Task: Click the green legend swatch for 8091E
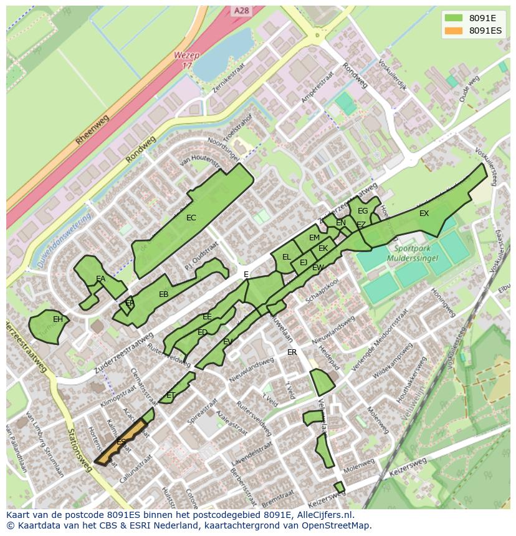click(x=453, y=17)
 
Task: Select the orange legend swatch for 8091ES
click(x=453, y=30)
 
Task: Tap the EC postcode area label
click(x=191, y=218)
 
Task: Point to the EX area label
click(x=424, y=214)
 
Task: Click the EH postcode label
click(x=57, y=319)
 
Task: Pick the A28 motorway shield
click(x=242, y=11)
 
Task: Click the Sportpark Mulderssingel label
click(x=412, y=253)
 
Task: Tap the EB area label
click(x=164, y=294)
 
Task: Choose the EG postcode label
click(x=363, y=211)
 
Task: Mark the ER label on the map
click(x=292, y=352)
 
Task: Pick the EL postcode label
click(x=287, y=256)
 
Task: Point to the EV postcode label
click(x=227, y=342)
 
